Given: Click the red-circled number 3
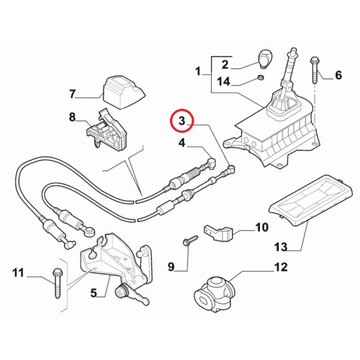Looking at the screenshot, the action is [182, 121].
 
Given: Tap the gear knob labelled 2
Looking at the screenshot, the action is [264, 59].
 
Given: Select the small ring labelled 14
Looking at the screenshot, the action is [260, 77].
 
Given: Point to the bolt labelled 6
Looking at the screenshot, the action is [315, 70].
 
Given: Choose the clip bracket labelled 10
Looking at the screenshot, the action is [218, 233].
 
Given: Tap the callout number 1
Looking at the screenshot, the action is [198, 71].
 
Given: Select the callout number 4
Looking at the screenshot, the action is [182, 143].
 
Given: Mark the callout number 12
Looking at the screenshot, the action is [281, 267].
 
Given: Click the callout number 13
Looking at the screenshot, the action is [281, 247].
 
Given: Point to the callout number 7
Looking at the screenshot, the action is [72, 94].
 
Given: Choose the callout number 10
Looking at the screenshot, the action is [262, 227].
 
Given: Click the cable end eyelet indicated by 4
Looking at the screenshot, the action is [211, 161].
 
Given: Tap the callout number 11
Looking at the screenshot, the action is [19, 273].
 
